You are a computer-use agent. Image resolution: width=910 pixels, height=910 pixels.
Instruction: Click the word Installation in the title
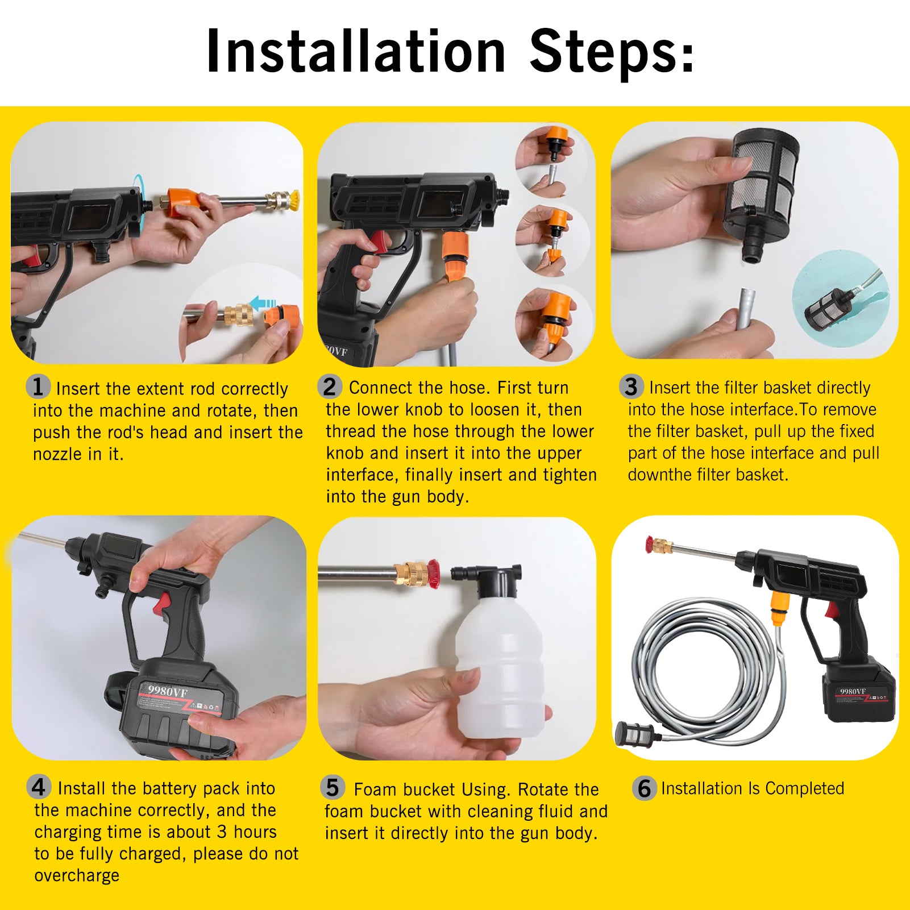[356, 51]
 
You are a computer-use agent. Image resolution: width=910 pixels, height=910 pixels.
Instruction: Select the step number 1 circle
[38, 387]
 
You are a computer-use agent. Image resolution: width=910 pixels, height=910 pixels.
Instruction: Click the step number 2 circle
[330, 387]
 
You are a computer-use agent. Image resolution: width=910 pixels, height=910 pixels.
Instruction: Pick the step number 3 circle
[631, 387]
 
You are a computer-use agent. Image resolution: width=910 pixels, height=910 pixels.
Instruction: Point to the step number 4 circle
[39, 787]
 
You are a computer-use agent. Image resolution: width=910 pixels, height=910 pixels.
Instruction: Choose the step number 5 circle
[333, 788]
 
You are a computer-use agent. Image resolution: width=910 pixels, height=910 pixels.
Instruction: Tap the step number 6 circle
[644, 788]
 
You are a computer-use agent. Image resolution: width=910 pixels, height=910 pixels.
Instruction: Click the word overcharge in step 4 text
[77, 875]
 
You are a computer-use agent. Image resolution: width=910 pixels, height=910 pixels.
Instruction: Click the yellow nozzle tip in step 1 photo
[293, 200]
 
